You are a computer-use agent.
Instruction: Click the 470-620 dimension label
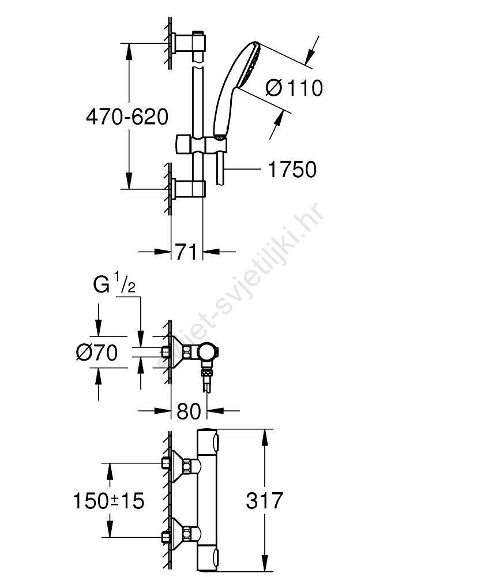[x=127, y=117]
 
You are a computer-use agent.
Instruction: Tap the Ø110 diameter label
[x=294, y=88]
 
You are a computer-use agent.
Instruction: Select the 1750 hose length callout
[x=292, y=170]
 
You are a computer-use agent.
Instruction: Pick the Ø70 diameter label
[x=97, y=352]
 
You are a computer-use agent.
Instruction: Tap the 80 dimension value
[x=189, y=411]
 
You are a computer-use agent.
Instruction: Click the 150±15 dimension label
[x=109, y=500]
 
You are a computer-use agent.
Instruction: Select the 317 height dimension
[x=264, y=500]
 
